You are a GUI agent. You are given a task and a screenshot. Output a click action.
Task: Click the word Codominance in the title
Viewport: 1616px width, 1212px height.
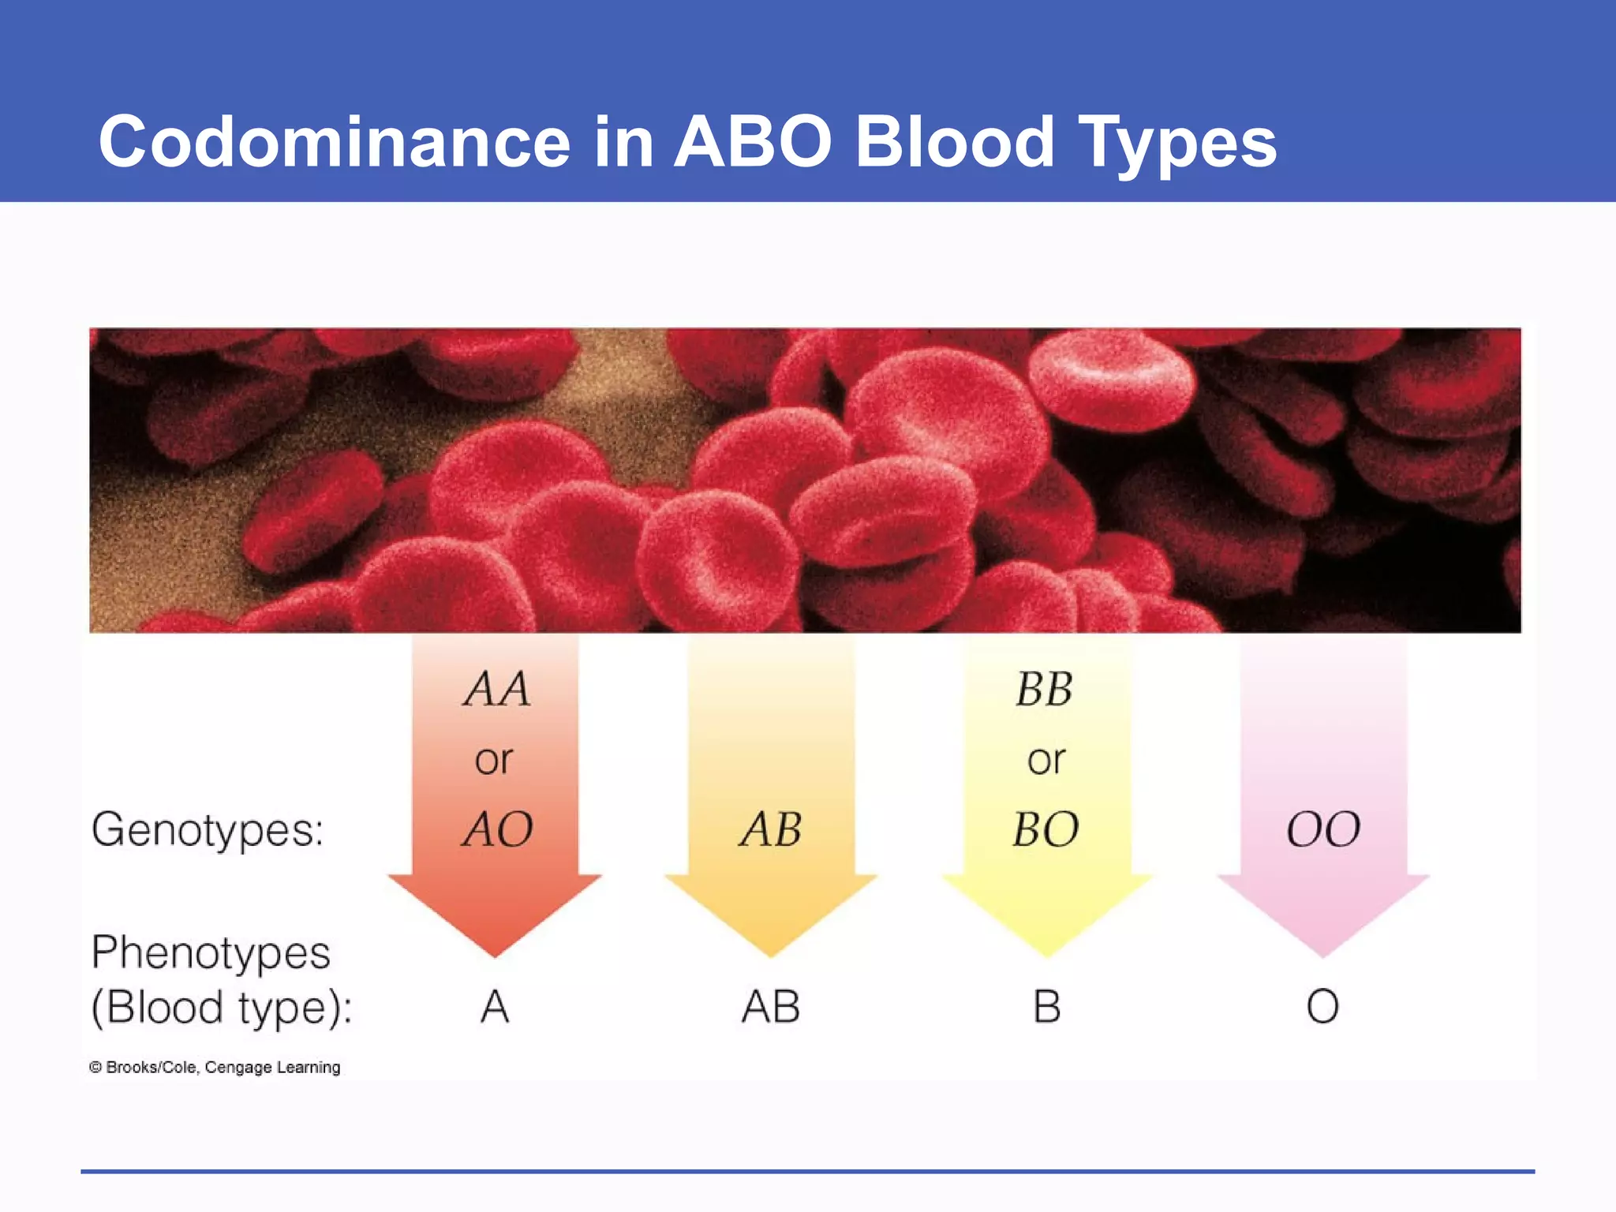[334, 142]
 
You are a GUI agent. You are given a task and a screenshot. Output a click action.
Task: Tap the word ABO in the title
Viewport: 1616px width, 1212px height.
[753, 142]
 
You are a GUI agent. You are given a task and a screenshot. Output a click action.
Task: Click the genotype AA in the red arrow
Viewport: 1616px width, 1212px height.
[496, 689]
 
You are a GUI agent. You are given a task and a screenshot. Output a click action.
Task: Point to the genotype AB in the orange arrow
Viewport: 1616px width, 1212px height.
[771, 829]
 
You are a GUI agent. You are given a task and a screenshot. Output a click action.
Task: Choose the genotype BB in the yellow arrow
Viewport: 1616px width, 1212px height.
[1044, 689]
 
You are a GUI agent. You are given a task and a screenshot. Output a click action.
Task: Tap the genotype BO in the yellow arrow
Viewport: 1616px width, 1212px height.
[1046, 829]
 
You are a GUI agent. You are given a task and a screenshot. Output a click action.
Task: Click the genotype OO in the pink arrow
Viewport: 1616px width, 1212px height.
[1323, 830]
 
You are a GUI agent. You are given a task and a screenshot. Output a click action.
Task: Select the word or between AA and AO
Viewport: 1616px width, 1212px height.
[494, 760]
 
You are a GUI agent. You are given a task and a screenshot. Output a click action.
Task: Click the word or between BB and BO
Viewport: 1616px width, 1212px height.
[1046, 760]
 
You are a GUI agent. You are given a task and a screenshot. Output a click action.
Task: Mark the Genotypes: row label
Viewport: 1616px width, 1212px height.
[208, 830]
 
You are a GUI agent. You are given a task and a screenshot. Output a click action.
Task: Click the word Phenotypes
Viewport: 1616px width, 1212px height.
[211, 952]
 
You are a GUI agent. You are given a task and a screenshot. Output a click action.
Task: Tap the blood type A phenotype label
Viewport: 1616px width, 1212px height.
[495, 1007]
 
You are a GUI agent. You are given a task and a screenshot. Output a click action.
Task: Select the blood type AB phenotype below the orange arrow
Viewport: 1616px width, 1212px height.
[771, 1007]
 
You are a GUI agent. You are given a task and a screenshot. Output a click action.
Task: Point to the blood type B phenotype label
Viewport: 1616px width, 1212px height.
[1046, 1007]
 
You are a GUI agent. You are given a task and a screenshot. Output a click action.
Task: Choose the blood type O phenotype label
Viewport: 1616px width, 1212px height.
[1322, 1007]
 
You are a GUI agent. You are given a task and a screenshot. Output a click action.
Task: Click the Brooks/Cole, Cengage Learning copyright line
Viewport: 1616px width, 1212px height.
[215, 1068]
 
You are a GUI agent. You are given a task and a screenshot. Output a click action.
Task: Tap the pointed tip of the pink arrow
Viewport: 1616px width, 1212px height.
[1323, 953]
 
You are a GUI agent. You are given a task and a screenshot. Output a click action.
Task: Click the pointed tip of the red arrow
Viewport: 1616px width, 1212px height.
[495, 953]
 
